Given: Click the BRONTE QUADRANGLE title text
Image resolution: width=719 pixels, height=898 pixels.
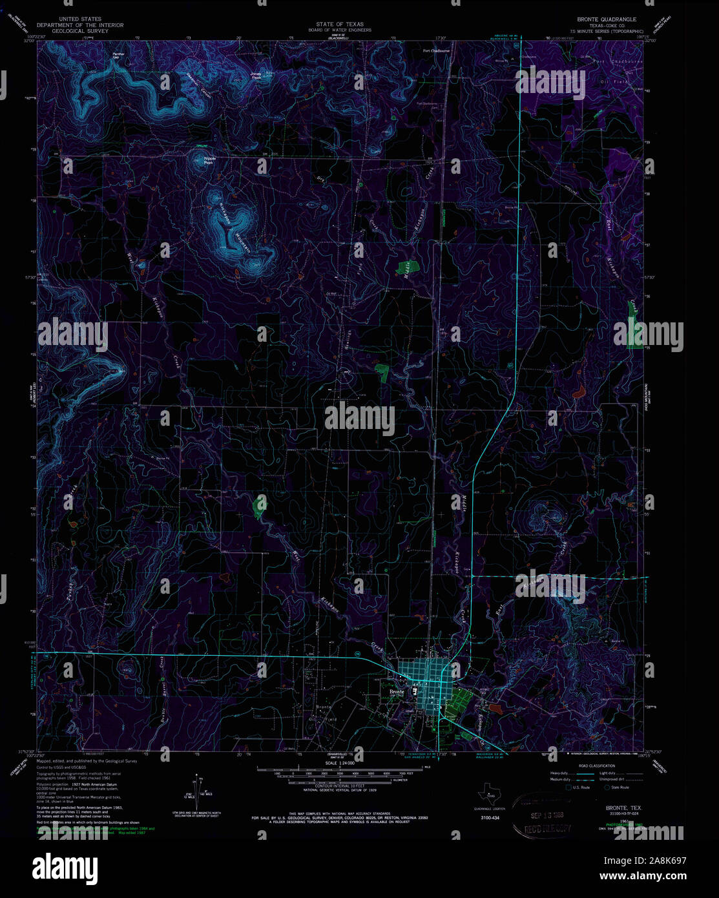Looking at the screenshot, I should pyautogui.click(x=602, y=19).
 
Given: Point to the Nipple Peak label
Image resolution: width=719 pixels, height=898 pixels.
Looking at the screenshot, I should pyautogui.click(x=209, y=160).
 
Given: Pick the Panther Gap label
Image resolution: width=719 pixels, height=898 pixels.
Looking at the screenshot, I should pyautogui.click(x=118, y=56).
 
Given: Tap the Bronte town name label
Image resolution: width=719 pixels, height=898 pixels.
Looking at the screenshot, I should pyautogui.click(x=396, y=691).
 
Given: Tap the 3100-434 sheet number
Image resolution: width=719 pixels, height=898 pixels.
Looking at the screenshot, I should pyautogui.click(x=490, y=819).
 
